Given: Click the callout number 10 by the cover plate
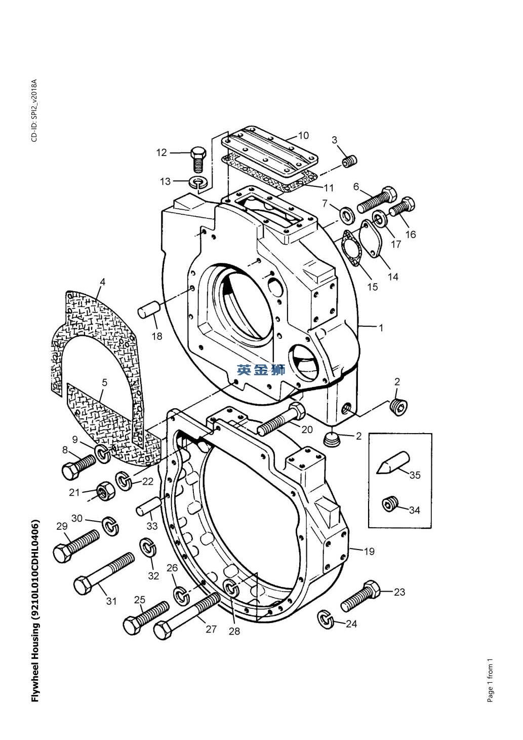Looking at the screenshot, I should point(303,135).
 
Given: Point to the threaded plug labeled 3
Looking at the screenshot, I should point(348,162).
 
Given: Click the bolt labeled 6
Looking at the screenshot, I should point(377,200).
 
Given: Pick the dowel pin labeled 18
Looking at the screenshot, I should point(150,309).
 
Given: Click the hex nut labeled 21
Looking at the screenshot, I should point(105,491).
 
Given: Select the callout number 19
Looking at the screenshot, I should point(369,551).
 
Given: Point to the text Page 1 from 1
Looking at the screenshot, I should point(490,680).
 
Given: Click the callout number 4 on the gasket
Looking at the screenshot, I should point(102,282).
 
